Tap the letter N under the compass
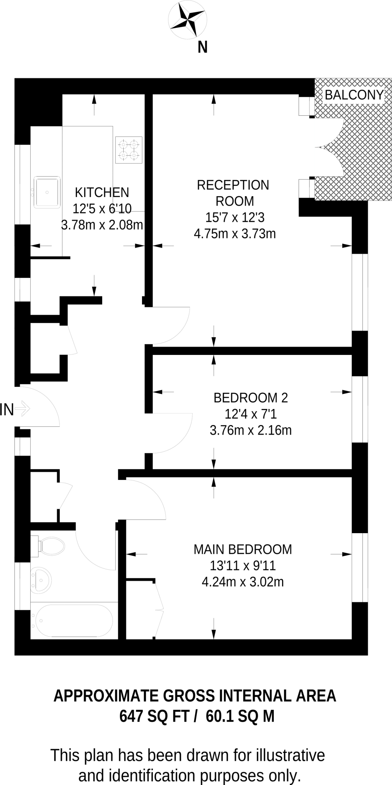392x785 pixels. click(x=203, y=48)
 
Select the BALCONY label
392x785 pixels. click(x=354, y=95)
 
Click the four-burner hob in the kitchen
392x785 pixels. click(x=129, y=150)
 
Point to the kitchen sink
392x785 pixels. click(x=47, y=192)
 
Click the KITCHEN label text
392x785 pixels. click(x=102, y=192)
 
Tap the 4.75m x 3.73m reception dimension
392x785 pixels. click(x=235, y=233)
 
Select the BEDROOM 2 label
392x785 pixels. click(x=250, y=398)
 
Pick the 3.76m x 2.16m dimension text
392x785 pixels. click(x=250, y=430)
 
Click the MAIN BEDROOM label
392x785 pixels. click(x=243, y=549)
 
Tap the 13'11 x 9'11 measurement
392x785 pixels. click(x=243, y=566)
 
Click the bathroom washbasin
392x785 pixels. click(x=41, y=579)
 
